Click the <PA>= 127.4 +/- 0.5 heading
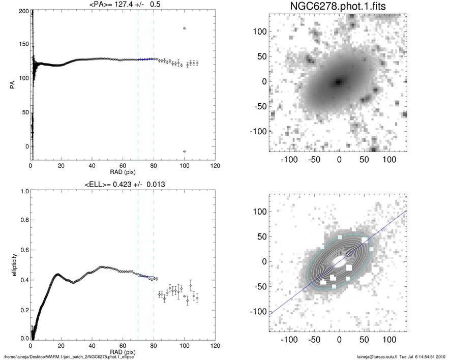pos(123,5)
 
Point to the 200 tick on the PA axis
pos(22,11)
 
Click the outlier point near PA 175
pos(184,28)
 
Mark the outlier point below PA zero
pos(184,152)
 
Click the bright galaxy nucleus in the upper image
pos(338,81)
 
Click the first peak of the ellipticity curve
pos(57,274)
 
